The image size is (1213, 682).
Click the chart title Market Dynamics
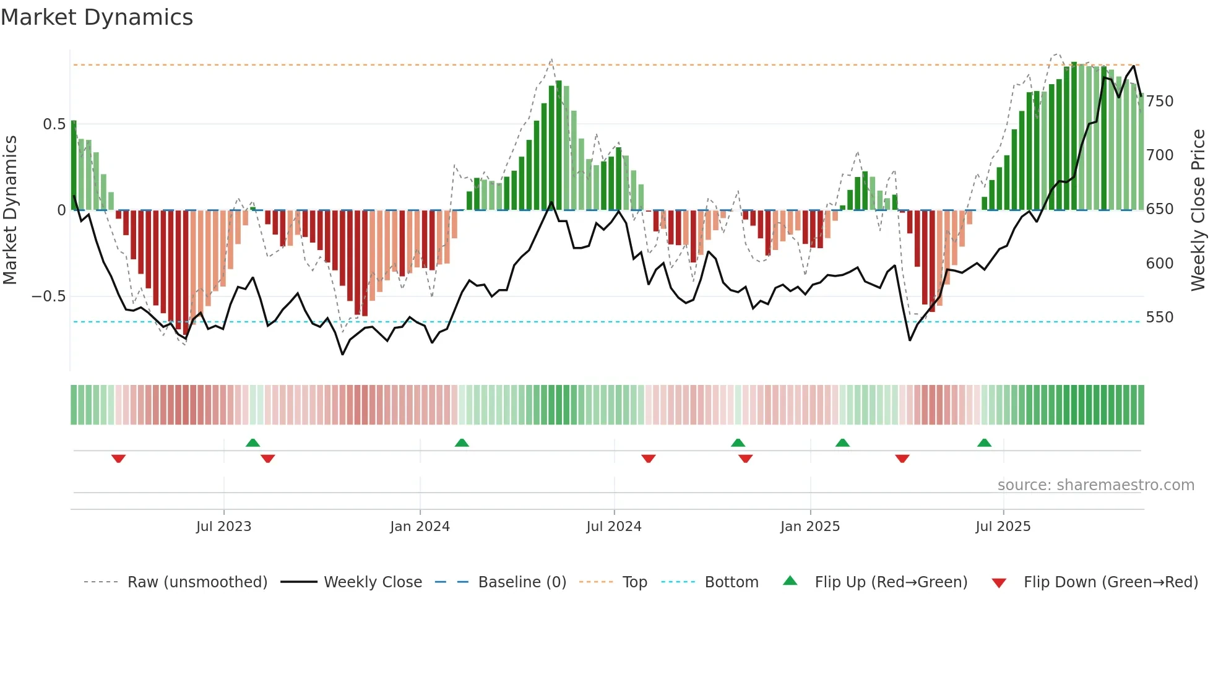click(97, 17)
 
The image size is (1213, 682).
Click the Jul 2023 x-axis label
click(223, 527)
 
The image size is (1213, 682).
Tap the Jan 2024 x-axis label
click(420, 527)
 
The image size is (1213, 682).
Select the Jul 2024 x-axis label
click(613, 527)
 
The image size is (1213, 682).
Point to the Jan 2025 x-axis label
click(809, 527)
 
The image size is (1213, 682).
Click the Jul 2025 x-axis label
click(1003, 527)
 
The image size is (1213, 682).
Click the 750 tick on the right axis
click(1159, 101)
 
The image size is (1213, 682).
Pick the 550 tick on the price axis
click(1159, 317)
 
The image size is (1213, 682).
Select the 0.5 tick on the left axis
click(54, 124)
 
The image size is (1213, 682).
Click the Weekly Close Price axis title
click(1198, 210)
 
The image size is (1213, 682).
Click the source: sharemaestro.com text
click(1095, 485)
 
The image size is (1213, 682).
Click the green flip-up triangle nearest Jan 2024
click(462, 442)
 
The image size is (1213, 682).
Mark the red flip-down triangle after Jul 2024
click(648, 459)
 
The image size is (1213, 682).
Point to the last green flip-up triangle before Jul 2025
click(984, 442)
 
